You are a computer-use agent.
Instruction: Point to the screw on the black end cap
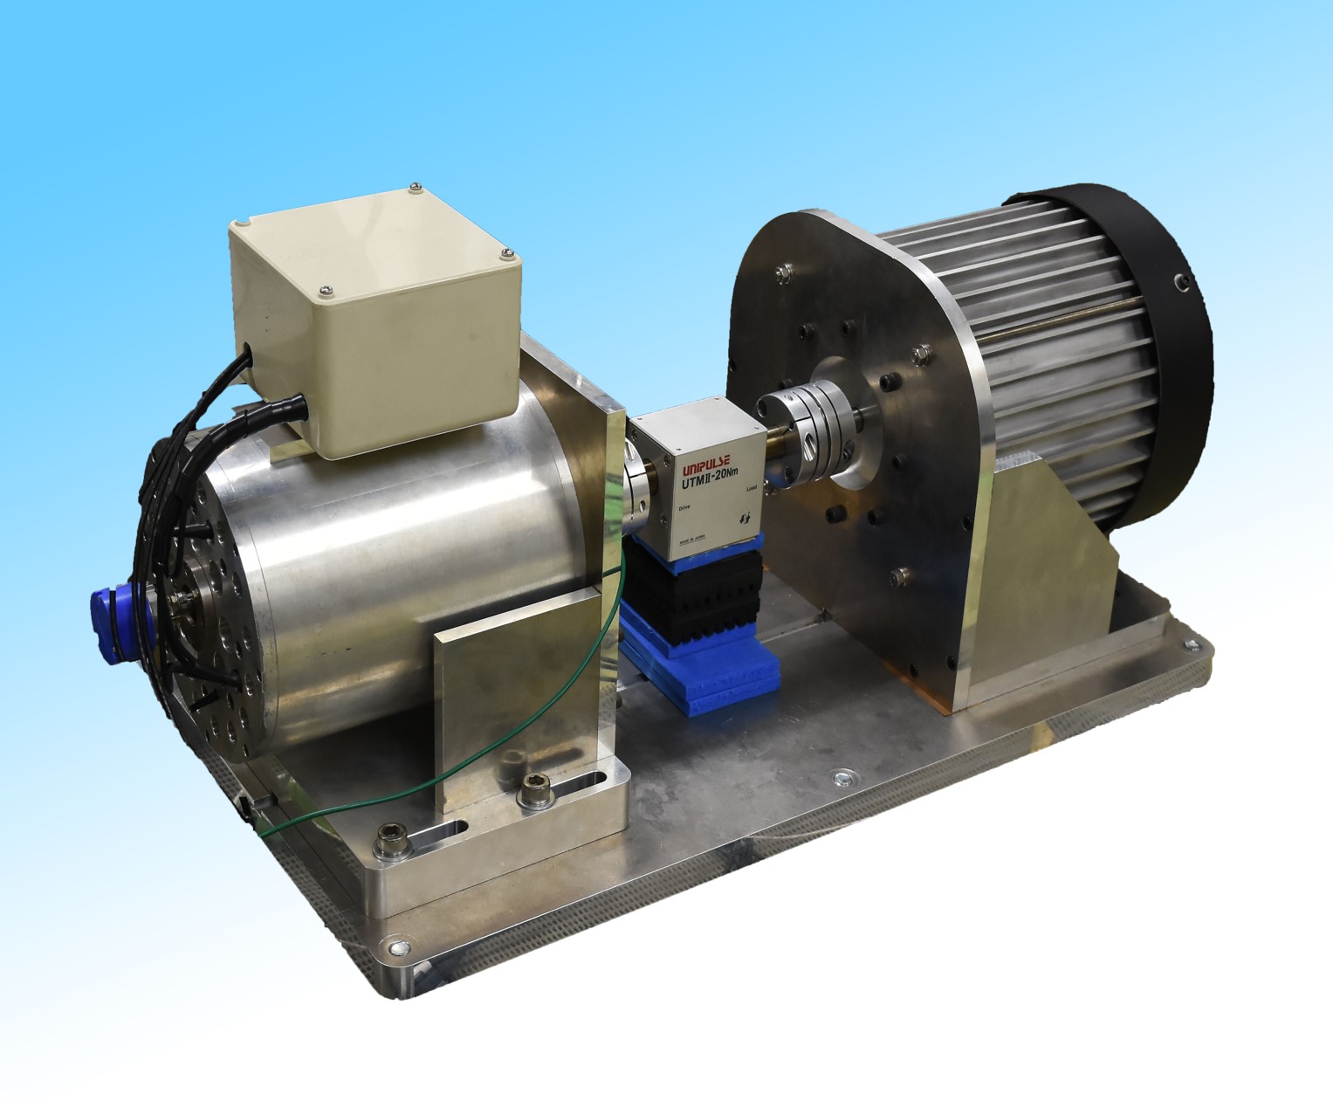1180,280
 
